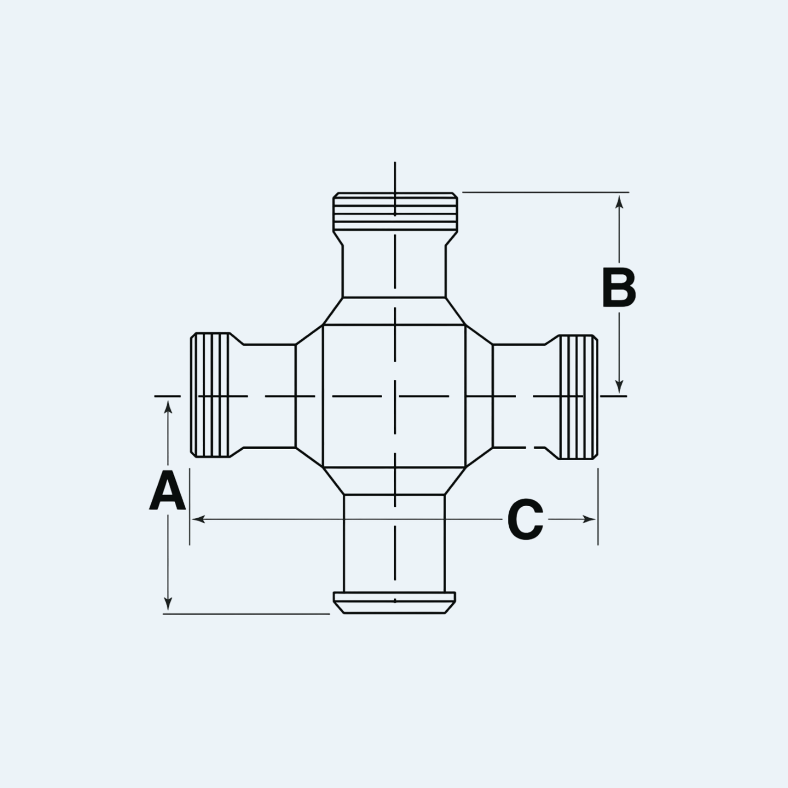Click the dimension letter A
tap(168, 491)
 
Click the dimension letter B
tap(619, 288)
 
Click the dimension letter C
tap(525, 519)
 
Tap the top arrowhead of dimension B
tap(620, 201)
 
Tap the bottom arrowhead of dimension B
tap(620, 387)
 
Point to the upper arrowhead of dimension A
tap(168, 408)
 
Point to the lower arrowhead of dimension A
tap(168, 603)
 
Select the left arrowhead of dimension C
tap(198, 519)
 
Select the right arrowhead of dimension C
tap(589, 519)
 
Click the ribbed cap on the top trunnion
tap(395, 212)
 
